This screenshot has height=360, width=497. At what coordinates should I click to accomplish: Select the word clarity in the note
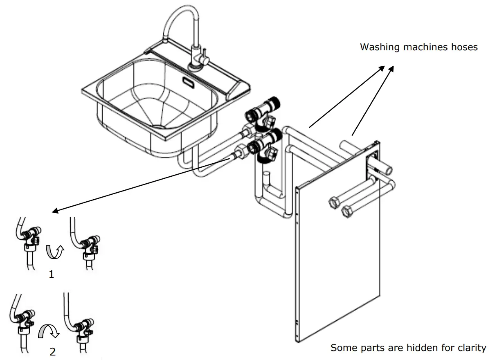tap(471, 348)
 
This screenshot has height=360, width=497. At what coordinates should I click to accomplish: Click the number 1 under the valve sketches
tap(52, 274)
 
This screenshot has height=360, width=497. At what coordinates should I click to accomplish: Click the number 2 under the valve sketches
tap(52, 352)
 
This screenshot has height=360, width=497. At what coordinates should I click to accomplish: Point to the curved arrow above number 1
tap(54, 252)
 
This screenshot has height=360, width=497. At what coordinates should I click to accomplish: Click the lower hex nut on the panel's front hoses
tap(347, 211)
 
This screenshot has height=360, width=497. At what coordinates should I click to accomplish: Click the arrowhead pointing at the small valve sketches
tap(55, 211)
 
